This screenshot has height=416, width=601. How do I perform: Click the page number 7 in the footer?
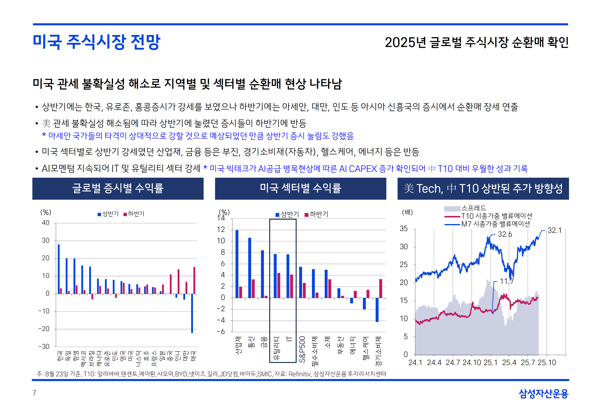(34, 393)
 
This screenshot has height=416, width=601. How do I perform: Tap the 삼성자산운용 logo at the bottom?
(543, 394)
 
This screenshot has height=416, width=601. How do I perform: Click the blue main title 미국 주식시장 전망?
(96, 42)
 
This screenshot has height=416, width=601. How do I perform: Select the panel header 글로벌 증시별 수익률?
(118, 188)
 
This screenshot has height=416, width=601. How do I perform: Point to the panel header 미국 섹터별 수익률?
(300, 188)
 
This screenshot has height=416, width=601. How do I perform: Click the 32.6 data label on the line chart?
(505, 234)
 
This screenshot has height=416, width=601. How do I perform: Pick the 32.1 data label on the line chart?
(554, 230)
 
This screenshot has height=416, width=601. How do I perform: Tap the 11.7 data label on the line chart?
(507, 281)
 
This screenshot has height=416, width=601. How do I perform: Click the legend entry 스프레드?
(474, 208)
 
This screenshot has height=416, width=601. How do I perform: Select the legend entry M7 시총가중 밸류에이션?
(495, 224)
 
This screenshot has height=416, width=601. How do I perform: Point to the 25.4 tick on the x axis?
(509, 363)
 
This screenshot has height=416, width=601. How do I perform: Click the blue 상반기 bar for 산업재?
(237, 264)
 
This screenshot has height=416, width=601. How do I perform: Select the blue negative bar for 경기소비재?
(377, 310)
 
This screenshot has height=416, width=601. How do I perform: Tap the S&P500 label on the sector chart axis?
(302, 350)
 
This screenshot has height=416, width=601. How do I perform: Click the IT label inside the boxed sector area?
(289, 339)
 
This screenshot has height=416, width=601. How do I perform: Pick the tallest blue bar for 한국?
(59, 269)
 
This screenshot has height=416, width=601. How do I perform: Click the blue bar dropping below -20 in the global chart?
(192, 313)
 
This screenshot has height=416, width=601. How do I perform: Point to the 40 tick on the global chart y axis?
(46, 223)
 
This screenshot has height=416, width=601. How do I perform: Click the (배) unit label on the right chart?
(407, 212)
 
